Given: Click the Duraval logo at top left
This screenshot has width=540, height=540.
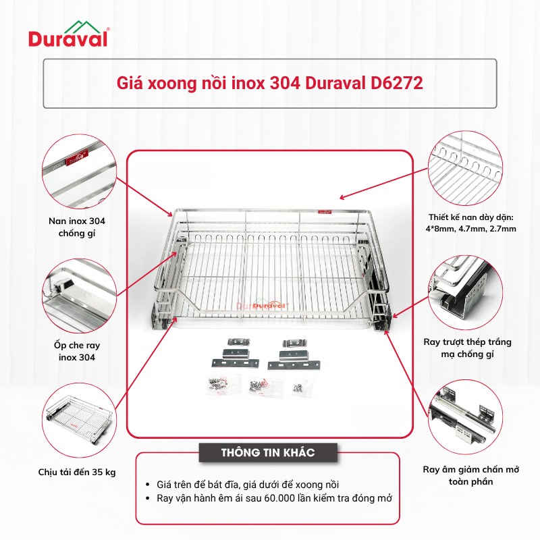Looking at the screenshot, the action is pos(69,34).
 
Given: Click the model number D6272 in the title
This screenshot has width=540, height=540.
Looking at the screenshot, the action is pos(397,83).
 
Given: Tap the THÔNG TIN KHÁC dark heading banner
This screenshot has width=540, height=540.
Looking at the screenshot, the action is pos(268,452).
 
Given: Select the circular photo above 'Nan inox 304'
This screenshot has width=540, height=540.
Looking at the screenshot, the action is pos(79,171).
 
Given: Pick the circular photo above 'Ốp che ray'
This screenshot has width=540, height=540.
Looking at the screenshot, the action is pos(79,296).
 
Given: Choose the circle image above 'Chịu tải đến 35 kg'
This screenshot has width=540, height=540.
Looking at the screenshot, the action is pos(79,420).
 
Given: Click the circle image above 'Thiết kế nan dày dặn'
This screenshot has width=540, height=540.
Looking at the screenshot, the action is pos(465,168).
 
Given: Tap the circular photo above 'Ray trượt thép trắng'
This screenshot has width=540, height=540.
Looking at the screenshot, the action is pos(465,292).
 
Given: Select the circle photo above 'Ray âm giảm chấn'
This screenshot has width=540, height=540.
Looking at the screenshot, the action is pos(465,417).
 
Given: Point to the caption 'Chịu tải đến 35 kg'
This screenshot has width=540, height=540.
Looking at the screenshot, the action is pos(77,472).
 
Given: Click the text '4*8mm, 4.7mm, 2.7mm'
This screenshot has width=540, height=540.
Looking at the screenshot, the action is pos(470,229).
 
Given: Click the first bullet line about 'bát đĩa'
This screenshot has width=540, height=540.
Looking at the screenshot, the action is pos(248,485).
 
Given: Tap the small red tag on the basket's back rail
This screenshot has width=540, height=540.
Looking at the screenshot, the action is pos(324,212).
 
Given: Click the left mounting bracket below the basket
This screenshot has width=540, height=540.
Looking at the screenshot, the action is pos(236,353).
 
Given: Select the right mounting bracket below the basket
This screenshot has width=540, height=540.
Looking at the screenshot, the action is pos(294,355).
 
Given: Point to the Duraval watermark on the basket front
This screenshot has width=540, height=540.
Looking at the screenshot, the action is pos(263,305).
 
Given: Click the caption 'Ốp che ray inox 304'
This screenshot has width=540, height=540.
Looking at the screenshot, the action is pos(77,351).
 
